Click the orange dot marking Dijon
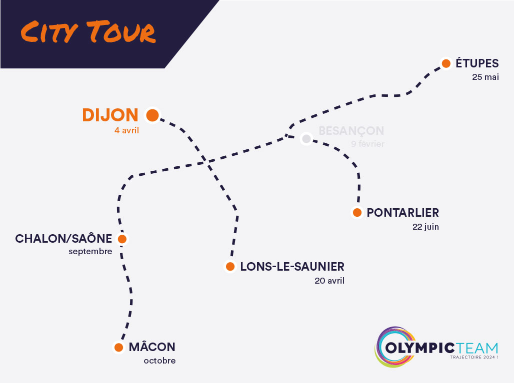coord(152,116)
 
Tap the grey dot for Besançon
coord(306,138)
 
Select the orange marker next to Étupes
coord(446,63)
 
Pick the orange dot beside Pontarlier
coord(357,213)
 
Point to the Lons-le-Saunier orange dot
coord(230,267)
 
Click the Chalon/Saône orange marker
coord(122,239)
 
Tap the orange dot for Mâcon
coord(118,347)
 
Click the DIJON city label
coord(110,115)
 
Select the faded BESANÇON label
coord(351,131)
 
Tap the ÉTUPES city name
coord(477,63)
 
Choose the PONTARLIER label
coord(402,213)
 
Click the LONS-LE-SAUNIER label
coord(292,267)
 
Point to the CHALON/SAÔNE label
coord(63,239)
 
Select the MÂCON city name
coord(152,347)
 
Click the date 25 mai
coord(485,77)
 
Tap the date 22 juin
coord(425,227)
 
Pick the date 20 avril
coord(329,281)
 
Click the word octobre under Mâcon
coord(159,361)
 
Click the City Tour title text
coord(88,32)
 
